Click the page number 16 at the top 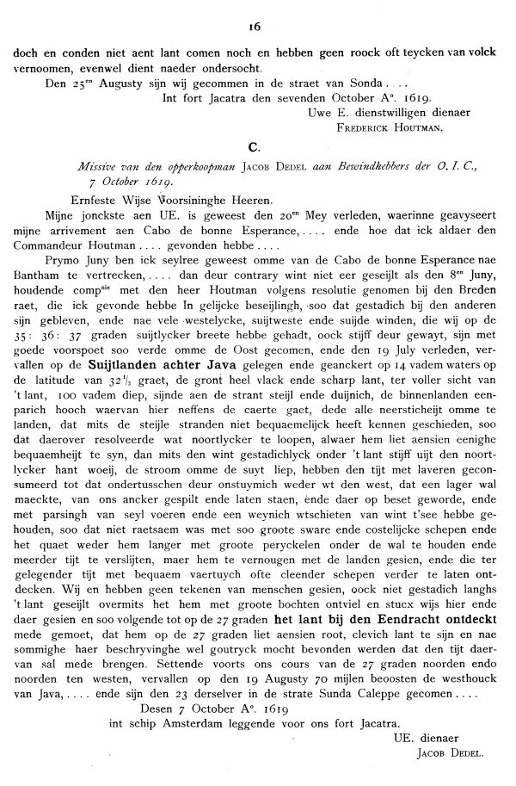point(257,15)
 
